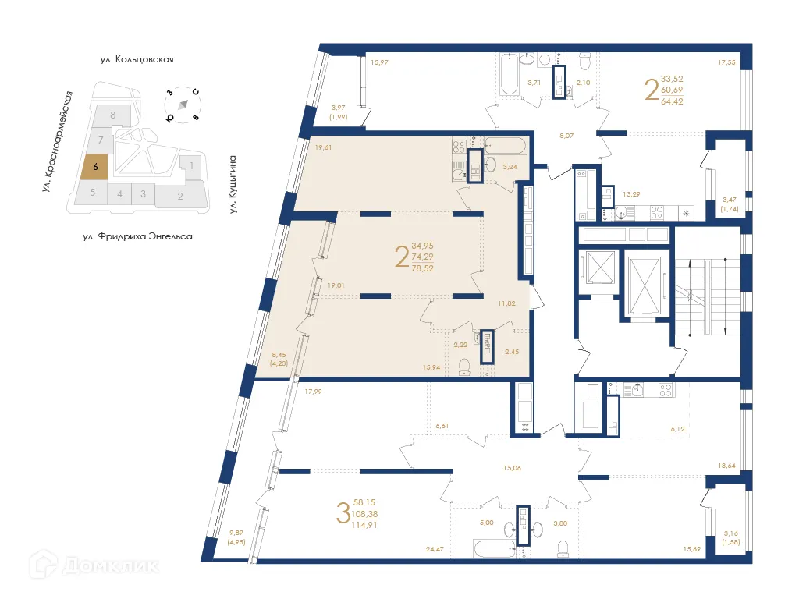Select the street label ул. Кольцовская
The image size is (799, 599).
coord(136,59)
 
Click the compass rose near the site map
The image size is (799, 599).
coord(183,105)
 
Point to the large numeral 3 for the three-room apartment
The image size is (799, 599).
coord(342,514)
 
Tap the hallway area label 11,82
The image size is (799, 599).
coord(507,303)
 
